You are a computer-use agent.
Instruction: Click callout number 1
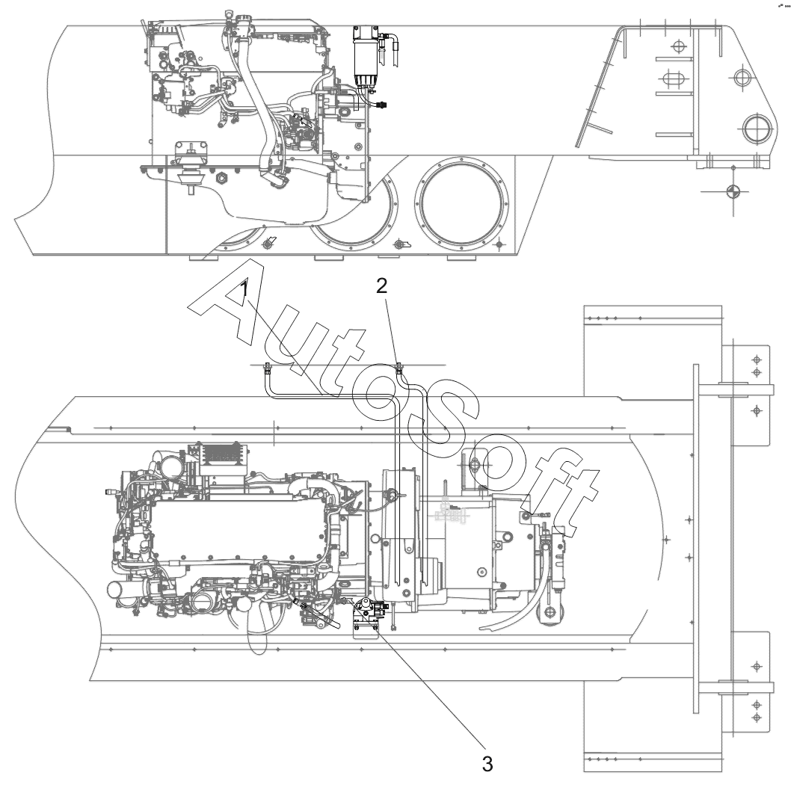(244, 289)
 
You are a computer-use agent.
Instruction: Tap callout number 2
(381, 286)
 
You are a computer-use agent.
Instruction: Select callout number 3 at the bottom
(487, 763)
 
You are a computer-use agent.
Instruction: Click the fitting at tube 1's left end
(267, 368)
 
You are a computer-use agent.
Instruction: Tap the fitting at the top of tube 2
(399, 366)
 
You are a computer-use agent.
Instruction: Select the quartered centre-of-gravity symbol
(733, 191)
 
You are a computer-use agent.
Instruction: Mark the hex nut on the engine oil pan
(221, 178)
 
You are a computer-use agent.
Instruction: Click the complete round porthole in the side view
(461, 203)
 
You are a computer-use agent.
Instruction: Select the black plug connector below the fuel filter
(382, 105)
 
